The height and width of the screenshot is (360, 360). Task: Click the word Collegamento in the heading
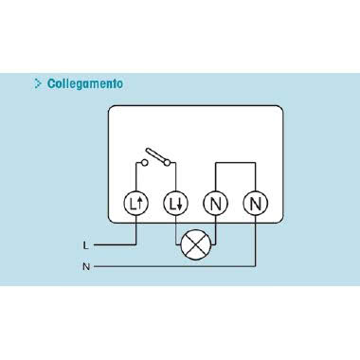84,83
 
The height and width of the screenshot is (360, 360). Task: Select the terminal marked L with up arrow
136,202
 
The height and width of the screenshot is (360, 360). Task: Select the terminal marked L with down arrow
176,202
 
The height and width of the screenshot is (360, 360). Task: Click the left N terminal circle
216,202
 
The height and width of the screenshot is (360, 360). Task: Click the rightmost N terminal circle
256,202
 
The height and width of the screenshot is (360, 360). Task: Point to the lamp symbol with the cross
195,244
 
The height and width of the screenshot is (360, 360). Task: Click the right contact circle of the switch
170,164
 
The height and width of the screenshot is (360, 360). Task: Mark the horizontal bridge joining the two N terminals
236,162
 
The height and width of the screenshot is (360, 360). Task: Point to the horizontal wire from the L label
114,244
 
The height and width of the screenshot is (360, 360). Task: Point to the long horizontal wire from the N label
171,267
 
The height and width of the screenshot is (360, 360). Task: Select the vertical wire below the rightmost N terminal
256,242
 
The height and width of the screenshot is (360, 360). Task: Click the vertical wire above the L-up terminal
136,178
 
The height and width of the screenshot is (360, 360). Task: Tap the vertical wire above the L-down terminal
176,178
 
